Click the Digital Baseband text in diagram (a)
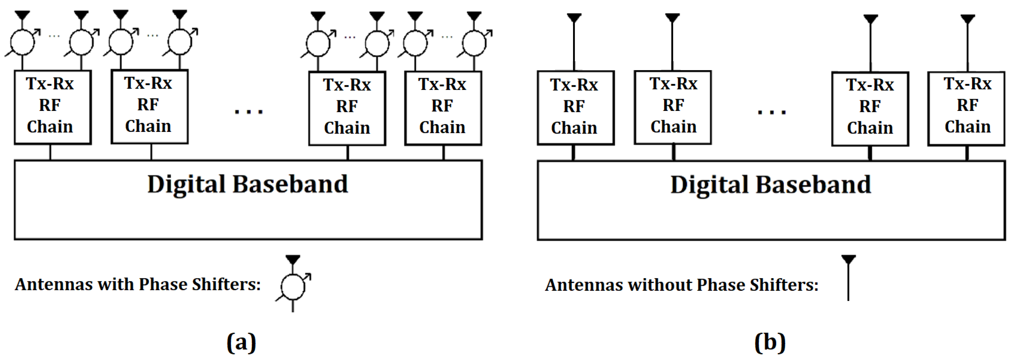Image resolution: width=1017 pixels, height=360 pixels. point(248,184)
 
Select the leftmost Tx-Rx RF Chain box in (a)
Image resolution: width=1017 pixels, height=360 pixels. point(53,107)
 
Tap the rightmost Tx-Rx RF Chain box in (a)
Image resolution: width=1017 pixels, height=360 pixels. point(443,108)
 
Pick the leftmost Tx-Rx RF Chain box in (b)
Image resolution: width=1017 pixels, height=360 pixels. point(575,108)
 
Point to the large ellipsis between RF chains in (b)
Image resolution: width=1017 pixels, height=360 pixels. point(771,112)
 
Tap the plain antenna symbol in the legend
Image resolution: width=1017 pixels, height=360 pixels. point(848,278)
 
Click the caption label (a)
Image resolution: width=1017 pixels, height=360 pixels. point(241,342)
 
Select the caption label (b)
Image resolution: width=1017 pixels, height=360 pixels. point(769,342)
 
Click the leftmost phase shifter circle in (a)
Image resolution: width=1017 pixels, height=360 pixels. point(22,42)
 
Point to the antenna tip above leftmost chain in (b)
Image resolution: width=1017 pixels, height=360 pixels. point(574,18)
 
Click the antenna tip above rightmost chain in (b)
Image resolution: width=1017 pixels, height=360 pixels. point(967,18)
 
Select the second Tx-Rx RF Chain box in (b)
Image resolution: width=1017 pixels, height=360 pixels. point(673,107)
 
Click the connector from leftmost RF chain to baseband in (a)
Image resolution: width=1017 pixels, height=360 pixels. point(50,152)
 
